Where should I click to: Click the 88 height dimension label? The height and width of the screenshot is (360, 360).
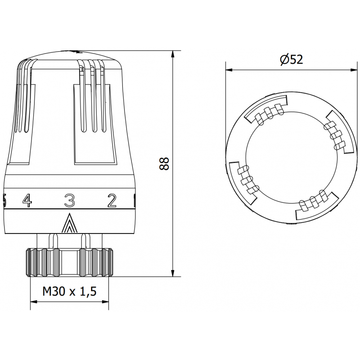[x=165, y=164]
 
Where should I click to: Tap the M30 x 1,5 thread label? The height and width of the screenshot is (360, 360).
[x=69, y=292]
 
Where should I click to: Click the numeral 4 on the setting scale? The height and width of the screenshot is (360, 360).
[x=27, y=199]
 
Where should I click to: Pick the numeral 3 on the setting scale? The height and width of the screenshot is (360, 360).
[x=69, y=199]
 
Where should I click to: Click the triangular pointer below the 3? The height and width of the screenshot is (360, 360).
[x=69, y=223]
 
